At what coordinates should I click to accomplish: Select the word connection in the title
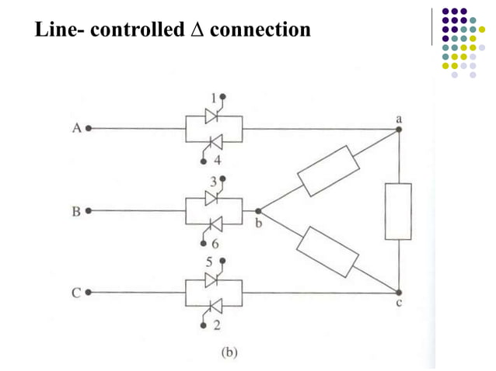[x=260, y=31]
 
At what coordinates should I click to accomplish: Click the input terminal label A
[x=77, y=129]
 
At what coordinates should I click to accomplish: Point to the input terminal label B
[x=77, y=210]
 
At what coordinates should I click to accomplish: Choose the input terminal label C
[x=77, y=293]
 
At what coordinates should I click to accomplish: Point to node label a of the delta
[x=399, y=117]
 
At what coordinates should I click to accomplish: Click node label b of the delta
[x=259, y=224]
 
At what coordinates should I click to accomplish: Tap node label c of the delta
[x=399, y=304]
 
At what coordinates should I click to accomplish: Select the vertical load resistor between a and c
[x=398, y=212]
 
